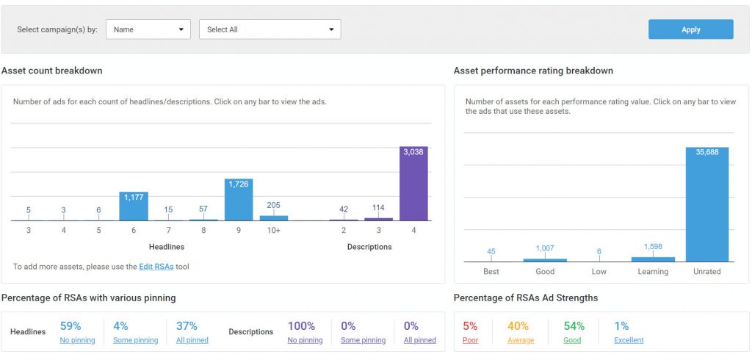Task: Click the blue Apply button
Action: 690,29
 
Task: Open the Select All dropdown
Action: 270,29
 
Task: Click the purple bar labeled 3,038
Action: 413,184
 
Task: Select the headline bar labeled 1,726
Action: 239,200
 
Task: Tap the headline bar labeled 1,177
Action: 134,206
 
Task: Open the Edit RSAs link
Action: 156,267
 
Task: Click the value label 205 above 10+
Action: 274,206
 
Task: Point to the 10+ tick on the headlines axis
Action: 274,230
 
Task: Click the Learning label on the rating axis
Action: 653,272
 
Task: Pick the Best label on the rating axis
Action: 491,272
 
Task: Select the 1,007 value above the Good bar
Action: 545,248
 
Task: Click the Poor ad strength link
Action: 470,340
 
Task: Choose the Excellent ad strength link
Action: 629,340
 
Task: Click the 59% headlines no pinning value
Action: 70,326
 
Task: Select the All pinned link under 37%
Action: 192,340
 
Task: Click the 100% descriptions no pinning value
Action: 301,326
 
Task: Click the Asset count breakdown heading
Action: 52,71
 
